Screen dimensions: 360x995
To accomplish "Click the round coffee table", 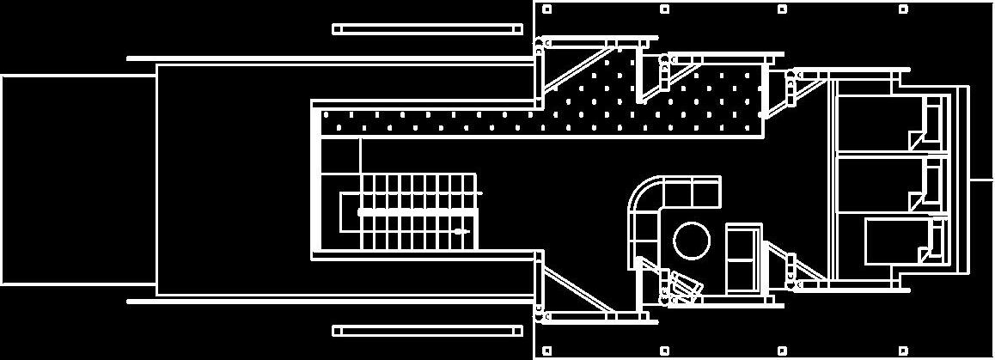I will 691,241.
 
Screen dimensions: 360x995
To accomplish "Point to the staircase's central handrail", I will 417,211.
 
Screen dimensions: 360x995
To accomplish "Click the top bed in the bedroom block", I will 885,125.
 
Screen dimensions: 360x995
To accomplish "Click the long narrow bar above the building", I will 427,29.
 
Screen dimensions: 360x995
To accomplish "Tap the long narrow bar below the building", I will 427,331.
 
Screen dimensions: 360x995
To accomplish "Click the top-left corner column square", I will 547,9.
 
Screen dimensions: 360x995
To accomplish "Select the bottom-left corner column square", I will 547,350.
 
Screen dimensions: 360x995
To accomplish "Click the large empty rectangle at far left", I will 77,179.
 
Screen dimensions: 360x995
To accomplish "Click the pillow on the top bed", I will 929,120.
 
